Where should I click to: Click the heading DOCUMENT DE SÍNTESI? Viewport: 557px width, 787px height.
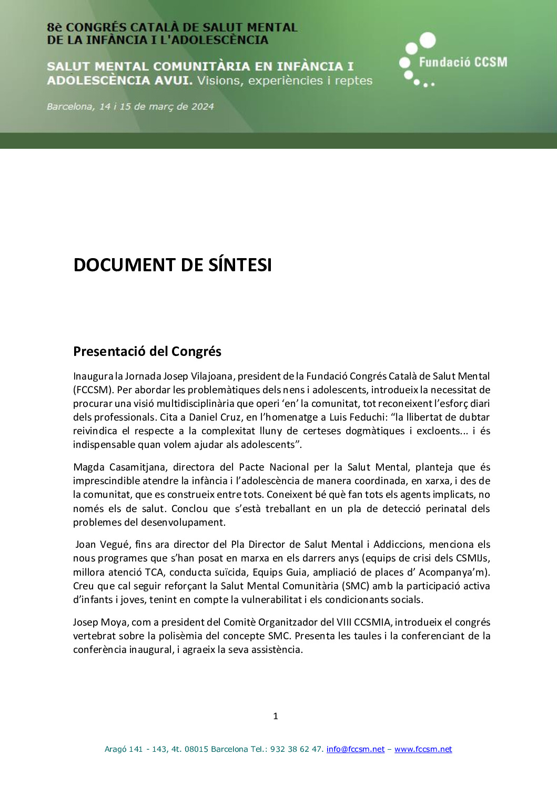click(x=173, y=265)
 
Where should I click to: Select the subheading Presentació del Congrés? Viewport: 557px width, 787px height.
click(x=147, y=351)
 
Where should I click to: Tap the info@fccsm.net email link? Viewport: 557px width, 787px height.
click(x=356, y=749)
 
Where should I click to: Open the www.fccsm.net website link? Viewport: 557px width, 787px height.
click(x=423, y=749)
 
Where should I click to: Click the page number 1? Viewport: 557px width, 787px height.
click(x=276, y=716)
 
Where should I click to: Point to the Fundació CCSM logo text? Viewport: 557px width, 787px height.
click(x=463, y=62)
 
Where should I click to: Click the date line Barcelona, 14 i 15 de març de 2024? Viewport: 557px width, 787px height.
click(x=130, y=107)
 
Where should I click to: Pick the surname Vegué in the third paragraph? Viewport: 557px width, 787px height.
click(x=115, y=545)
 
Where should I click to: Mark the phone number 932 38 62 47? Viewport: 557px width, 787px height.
click(x=297, y=749)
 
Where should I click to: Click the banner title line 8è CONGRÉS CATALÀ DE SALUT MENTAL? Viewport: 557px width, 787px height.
click(x=172, y=27)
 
